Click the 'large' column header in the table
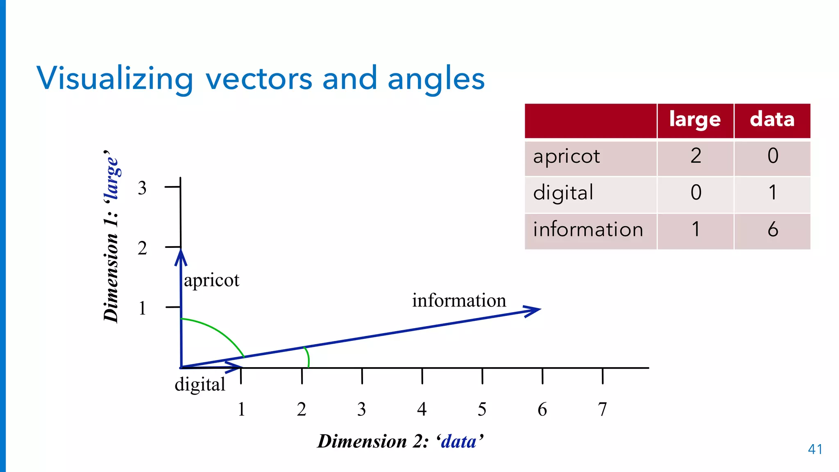tap(695, 120)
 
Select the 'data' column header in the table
tap(772, 120)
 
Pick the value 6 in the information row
tap(773, 229)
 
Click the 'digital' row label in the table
tap(563, 193)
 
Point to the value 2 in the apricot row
tap(696, 156)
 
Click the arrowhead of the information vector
tap(535, 311)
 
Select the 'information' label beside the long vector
tap(459, 300)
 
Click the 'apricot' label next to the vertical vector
tap(211, 281)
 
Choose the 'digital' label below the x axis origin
tap(200, 385)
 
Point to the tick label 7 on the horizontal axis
tap(602, 409)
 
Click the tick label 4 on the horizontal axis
tap(422, 409)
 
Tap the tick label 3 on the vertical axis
tap(142, 188)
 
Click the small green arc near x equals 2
tap(308, 357)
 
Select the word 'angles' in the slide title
tap(436, 79)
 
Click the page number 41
tap(815, 449)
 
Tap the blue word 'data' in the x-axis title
tap(459, 442)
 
